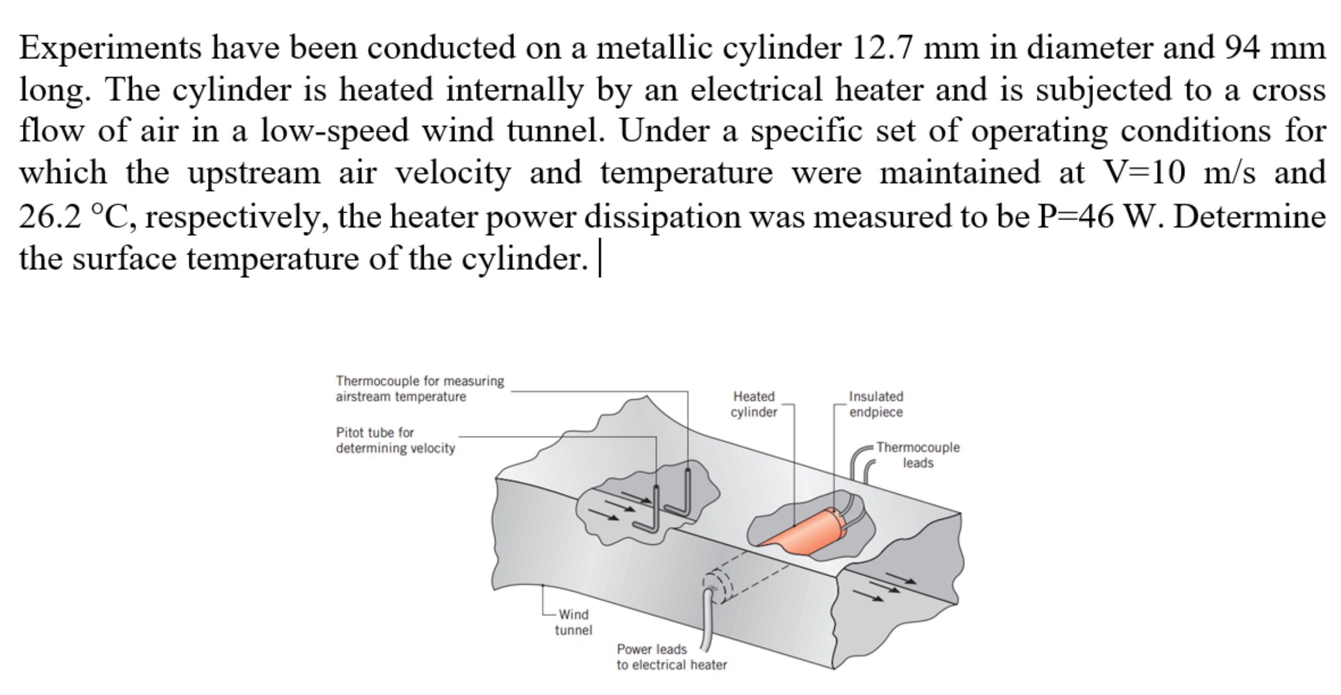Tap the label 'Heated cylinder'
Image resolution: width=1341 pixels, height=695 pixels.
click(x=754, y=404)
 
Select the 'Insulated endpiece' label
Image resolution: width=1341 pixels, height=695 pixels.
click(x=876, y=404)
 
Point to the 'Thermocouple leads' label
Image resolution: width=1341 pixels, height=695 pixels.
click(x=918, y=455)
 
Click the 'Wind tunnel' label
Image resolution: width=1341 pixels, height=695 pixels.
click(x=574, y=622)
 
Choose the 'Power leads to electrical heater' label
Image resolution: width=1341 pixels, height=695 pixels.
click(x=671, y=657)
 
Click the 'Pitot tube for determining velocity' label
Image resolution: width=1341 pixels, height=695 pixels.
click(x=395, y=440)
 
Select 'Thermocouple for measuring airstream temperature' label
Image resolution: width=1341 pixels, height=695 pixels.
click(x=420, y=389)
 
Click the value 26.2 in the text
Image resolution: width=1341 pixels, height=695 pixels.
click(x=51, y=216)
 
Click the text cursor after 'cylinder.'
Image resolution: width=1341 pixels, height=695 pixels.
click(x=600, y=258)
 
